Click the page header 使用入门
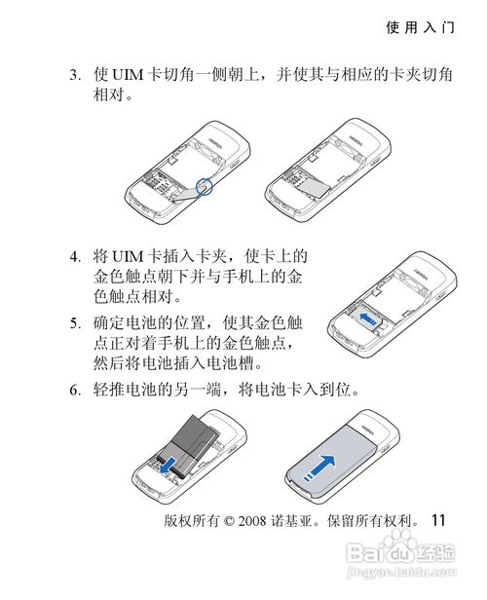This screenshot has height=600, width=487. point(420,27)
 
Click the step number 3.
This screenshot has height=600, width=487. point(74,75)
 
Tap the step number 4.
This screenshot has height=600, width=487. point(74,256)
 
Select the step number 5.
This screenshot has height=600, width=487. point(74,323)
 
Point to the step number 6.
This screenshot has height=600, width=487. point(74,391)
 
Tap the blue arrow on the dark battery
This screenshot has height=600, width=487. point(169,465)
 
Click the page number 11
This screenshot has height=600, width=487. point(438,520)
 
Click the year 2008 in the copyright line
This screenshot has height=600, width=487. point(252,521)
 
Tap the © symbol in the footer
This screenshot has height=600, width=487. point(229,521)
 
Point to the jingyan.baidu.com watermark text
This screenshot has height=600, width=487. point(401,572)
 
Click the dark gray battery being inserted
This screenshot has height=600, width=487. point(188,446)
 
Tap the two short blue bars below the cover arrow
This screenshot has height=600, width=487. point(309,476)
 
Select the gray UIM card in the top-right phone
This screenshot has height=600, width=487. point(314,188)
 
